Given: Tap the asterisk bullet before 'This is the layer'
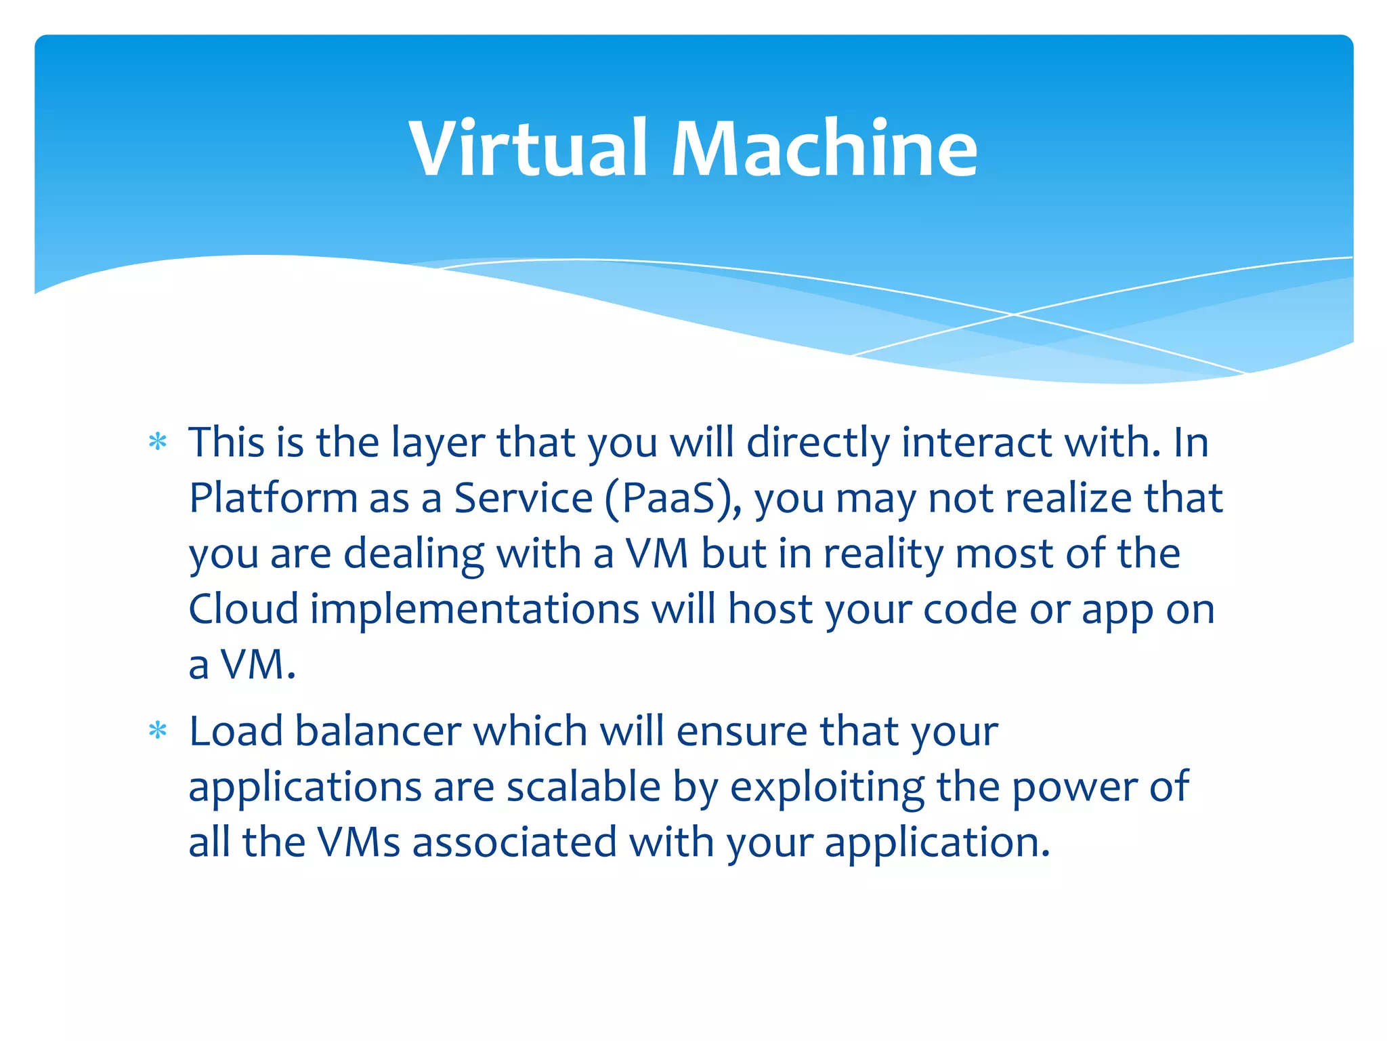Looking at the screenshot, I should tap(158, 443).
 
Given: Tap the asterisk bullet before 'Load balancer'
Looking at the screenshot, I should tap(158, 731).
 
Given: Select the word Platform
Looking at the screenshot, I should tap(273, 498).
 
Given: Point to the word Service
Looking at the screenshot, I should tap(523, 498).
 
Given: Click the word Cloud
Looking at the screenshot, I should tap(243, 609).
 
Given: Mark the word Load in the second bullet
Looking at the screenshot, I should tap(236, 731).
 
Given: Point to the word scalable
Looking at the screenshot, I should tap(583, 787).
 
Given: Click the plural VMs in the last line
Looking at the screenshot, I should tap(359, 842).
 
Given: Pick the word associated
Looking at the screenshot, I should tap(514, 842).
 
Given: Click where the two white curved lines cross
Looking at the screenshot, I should tap(1014, 314).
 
